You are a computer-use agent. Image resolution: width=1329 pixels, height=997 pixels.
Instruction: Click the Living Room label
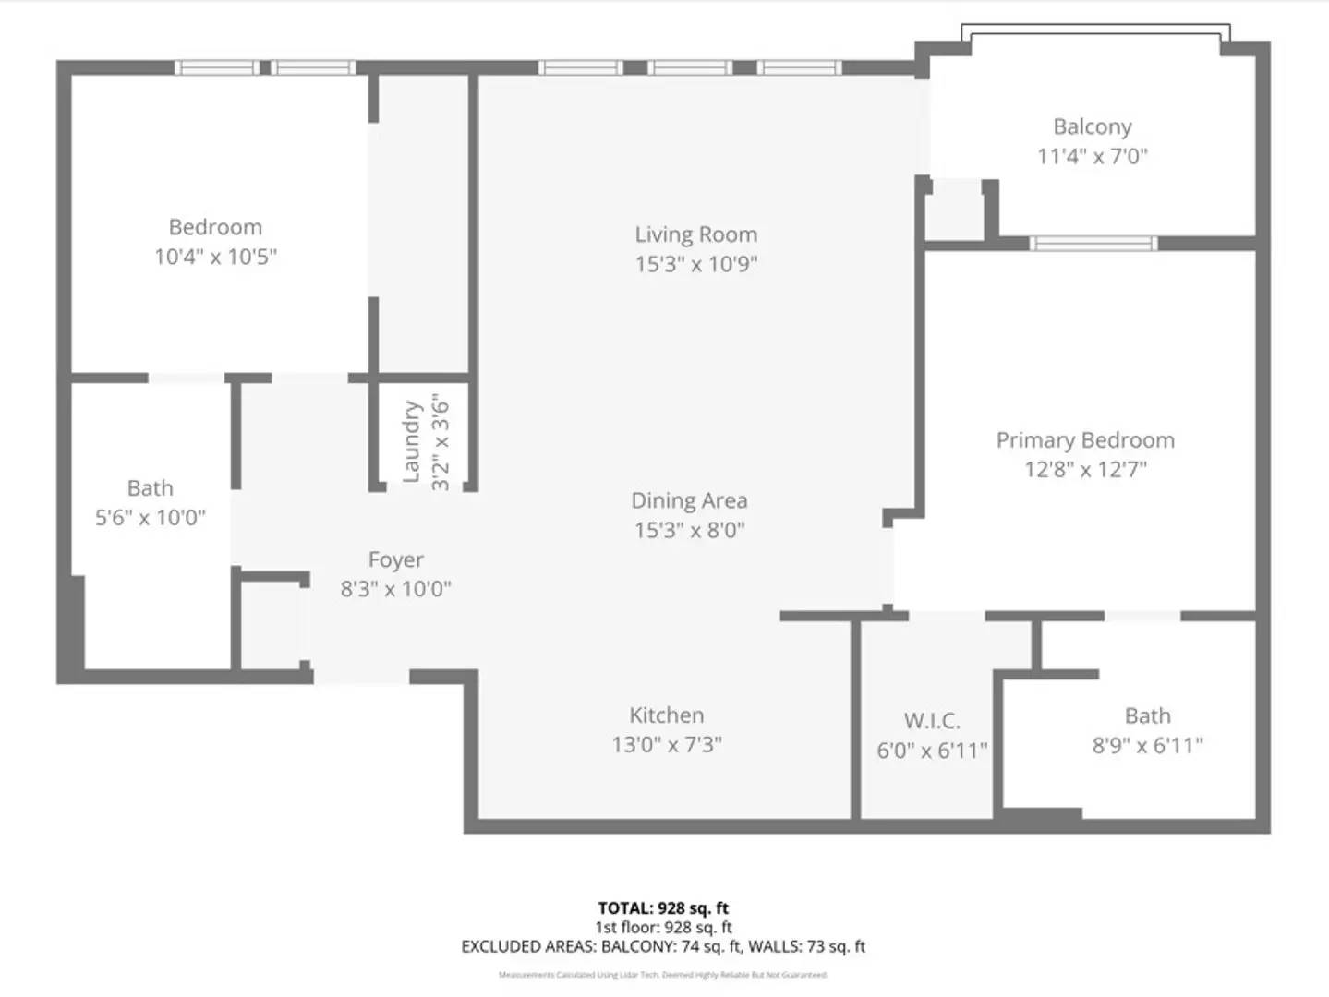click(695, 234)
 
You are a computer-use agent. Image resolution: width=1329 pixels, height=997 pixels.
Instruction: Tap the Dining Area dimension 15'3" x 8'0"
click(689, 530)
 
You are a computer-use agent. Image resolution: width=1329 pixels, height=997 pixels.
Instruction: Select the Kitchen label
click(666, 715)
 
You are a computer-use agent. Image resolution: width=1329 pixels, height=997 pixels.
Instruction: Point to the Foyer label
click(395, 559)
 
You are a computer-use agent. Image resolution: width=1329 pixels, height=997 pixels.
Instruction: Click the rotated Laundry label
click(412, 441)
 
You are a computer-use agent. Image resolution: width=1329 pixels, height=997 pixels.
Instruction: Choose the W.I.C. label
click(931, 720)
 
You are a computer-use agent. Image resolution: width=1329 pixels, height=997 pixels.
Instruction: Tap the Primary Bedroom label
click(1084, 440)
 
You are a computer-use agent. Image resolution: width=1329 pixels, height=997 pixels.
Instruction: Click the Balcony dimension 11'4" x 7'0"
click(1092, 156)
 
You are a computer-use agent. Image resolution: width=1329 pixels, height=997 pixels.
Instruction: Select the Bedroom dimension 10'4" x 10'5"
click(215, 257)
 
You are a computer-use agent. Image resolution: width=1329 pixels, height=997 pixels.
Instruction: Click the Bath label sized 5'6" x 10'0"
click(150, 487)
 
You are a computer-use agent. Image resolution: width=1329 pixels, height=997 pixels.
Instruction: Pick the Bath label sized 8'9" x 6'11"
click(1147, 715)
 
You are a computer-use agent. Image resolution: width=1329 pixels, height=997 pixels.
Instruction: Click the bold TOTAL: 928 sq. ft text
click(663, 907)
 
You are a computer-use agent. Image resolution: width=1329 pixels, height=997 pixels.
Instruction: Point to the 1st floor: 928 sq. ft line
click(663, 927)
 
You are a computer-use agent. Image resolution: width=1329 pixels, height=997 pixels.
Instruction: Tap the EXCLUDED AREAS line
click(663, 946)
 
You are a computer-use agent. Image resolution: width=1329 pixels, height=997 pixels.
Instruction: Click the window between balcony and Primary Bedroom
click(1093, 244)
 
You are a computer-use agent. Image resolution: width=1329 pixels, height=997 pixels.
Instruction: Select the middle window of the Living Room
click(689, 67)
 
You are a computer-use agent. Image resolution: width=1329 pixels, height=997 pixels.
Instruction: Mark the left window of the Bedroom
click(217, 67)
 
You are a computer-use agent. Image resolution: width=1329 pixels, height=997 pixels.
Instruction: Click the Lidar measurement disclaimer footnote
click(663, 975)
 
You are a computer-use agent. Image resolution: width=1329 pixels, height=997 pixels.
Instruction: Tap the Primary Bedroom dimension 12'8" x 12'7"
click(1084, 470)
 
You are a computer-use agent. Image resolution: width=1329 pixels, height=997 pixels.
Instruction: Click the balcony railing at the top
click(1095, 30)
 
